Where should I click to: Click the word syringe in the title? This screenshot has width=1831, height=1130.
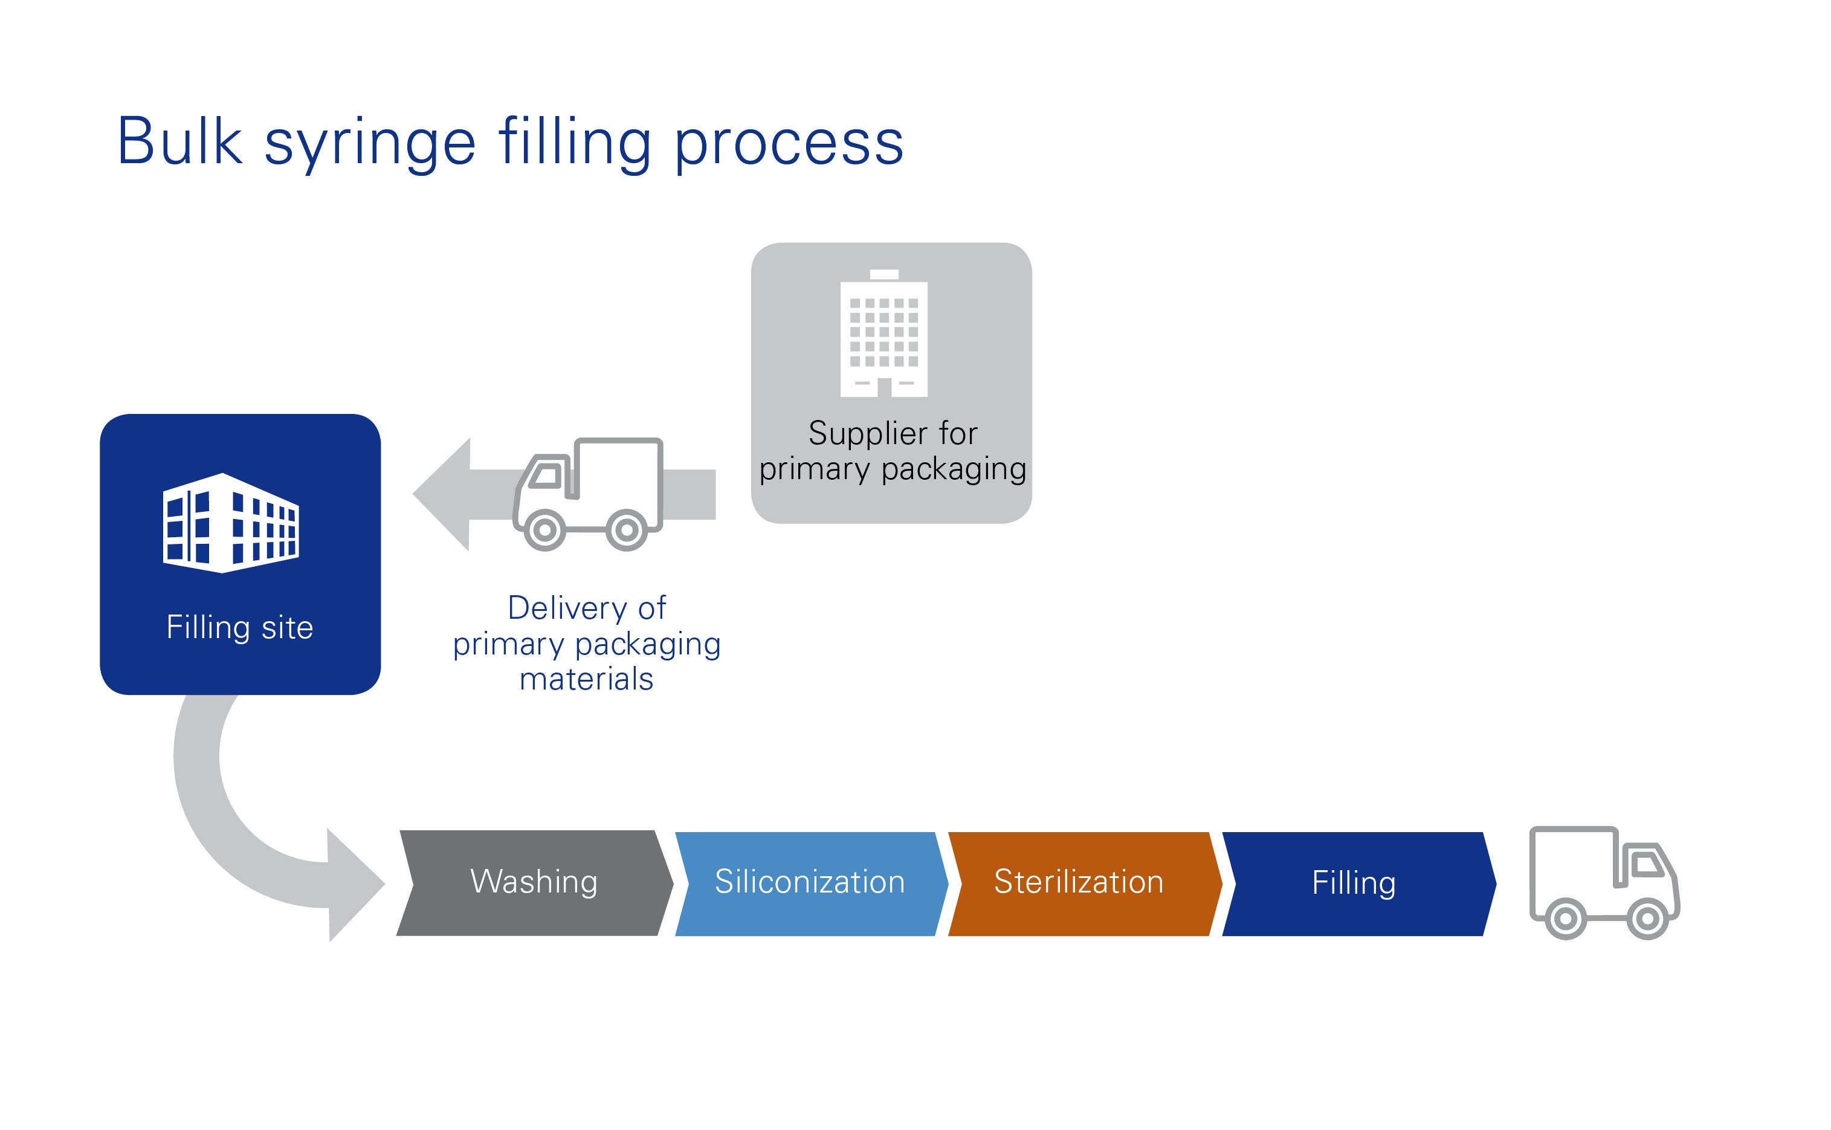(370, 146)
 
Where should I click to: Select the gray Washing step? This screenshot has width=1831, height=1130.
(534, 883)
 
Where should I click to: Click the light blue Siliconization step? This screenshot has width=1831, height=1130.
(811, 883)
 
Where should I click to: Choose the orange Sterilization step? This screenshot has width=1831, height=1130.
(1085, 883)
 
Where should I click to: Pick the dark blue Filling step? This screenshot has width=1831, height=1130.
(1358, 883)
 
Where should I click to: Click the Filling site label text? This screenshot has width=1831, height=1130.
(240, 628)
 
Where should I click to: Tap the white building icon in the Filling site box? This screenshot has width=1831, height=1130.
(231, 523)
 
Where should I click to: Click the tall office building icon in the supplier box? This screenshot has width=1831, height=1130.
(884, 332)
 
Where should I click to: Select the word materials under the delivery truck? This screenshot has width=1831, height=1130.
(587, 679)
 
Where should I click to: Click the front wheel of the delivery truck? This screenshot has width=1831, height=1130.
(545, 530)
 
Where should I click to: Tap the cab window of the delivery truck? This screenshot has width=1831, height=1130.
(546, 476)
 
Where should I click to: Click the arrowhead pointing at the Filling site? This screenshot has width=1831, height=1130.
(441, 494)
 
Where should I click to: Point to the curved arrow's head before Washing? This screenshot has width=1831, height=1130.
(357, 885)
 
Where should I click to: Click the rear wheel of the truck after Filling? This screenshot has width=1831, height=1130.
(1566, 918)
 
